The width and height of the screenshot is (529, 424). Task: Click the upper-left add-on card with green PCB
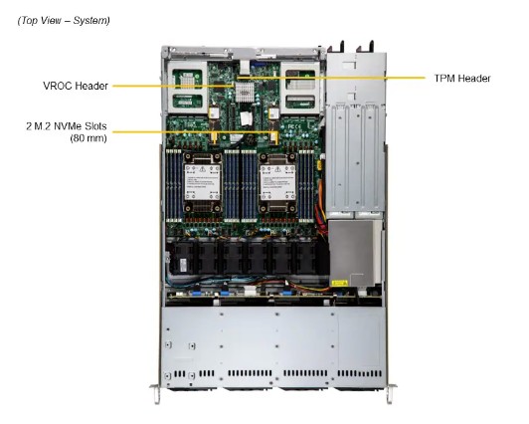[x=192, y=85]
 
